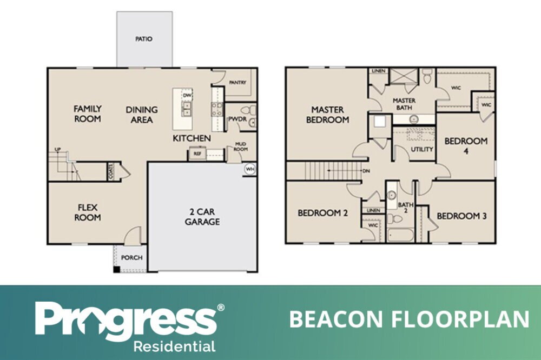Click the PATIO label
click(x=143, y=39)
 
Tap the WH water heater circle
click(x=250, y=169)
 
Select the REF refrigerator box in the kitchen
click(x=197, y=154)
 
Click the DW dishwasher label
click(x=187, y=95)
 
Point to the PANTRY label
click(x=237, y=82)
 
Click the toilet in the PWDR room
click(x=249, y=110)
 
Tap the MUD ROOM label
click(x=241, y=146)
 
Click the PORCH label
click(x=132, y=258)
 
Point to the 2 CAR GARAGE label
click(x=202, y=217)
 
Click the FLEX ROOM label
click(x=88, y=212)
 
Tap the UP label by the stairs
click(x=58, y=149)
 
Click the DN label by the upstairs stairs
click(x=366, y=171)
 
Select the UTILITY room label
click(x=421, y=149)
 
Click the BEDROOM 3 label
click(x=461, y=216)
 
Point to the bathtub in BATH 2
click(x=400, y=236)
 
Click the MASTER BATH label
click(x=404, y=104)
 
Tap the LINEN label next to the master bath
click(x=379, y=71)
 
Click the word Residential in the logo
click(x=174, y=346)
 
